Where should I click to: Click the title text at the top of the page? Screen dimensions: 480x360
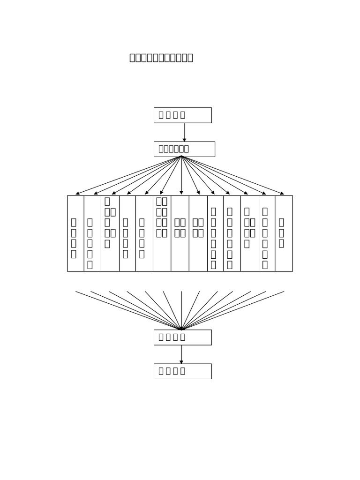pyautogui.click(x=161, y=58)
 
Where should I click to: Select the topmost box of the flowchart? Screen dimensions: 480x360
pyautogui.click(x=182, y=115)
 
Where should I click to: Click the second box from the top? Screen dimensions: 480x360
pyautogui.click(x=184, y=149)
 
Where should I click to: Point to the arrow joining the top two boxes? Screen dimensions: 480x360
pyautogui.click(x=184, y=132)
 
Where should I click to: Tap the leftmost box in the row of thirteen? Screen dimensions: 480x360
pyautogui.click(x=75, y=233)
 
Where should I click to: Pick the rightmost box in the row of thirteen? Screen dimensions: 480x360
pyautogui.click(x=284, y=233)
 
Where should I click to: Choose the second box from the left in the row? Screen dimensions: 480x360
pyautogui.click(x=92, y=233)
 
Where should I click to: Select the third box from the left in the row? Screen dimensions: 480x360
pyautogui.click(x=110, y=233)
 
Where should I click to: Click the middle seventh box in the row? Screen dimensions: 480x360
pyautogui.click(x=180, y=233)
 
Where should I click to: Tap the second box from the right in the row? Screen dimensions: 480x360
pyautogui.click(x=267, y=233)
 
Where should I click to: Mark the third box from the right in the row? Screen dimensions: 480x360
pyautogui.click(x=249, y=233)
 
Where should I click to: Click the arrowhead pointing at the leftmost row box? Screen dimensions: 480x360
pyautogui.click(x=77, y=194)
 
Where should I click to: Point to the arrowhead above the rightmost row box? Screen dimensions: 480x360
pyautogui.click(x=282, y=193)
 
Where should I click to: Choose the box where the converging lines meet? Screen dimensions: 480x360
pyautogui.click(x=182, y=337)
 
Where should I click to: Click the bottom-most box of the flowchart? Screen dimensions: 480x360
pyautogui.click(x=182, y=371)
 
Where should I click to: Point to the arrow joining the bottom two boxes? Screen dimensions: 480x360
pyautogui.click(x=181, y=354)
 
